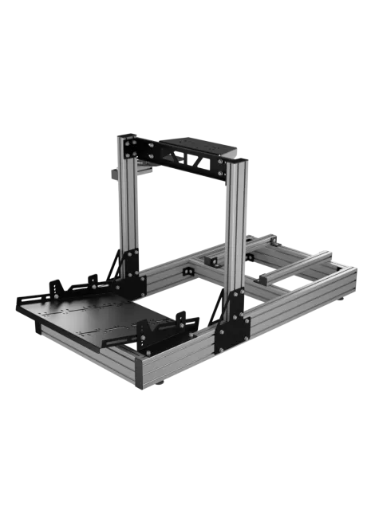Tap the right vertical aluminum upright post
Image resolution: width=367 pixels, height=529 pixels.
pos(237,231)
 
